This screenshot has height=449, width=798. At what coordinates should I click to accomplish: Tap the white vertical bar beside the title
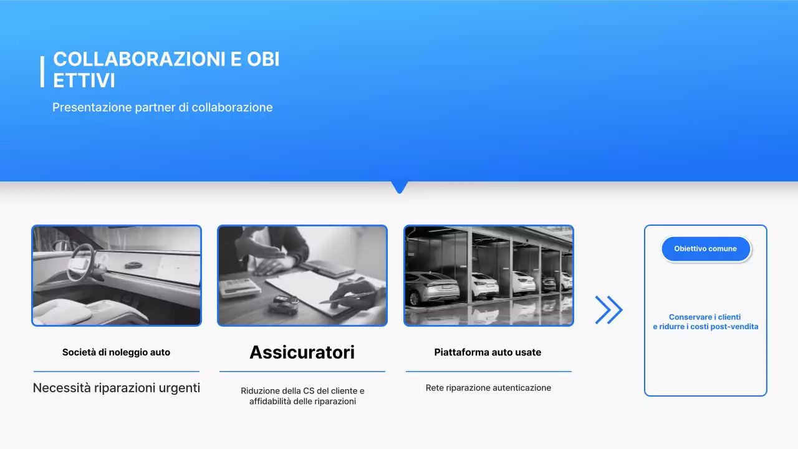pos(42,72)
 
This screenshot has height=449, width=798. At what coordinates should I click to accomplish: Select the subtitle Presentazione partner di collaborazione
pos(162,107)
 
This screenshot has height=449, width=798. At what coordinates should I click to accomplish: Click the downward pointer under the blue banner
pos(399,186)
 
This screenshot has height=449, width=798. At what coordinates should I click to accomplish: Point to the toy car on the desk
pos(284,303)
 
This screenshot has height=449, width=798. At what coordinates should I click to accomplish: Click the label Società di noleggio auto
pos(116,352)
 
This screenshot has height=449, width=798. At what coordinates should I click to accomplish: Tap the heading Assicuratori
pos(302,352)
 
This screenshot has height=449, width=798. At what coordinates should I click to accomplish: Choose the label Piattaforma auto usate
pos(488,352)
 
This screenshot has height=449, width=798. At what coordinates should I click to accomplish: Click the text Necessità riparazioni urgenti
pos(116,388)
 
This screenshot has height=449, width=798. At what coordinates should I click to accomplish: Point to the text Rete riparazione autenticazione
pos(488,388)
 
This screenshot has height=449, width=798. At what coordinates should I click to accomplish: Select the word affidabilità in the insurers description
pos(271,402)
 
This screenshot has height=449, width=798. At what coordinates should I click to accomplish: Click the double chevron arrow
pos(608,310)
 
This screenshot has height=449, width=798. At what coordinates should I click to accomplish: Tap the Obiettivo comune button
pos(705,249)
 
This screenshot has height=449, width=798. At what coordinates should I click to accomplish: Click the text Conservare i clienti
pos(704,317)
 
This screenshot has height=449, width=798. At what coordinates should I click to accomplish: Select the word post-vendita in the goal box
pos(736,327)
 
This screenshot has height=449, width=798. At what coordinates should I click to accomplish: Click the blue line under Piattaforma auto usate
pos(488,372)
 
